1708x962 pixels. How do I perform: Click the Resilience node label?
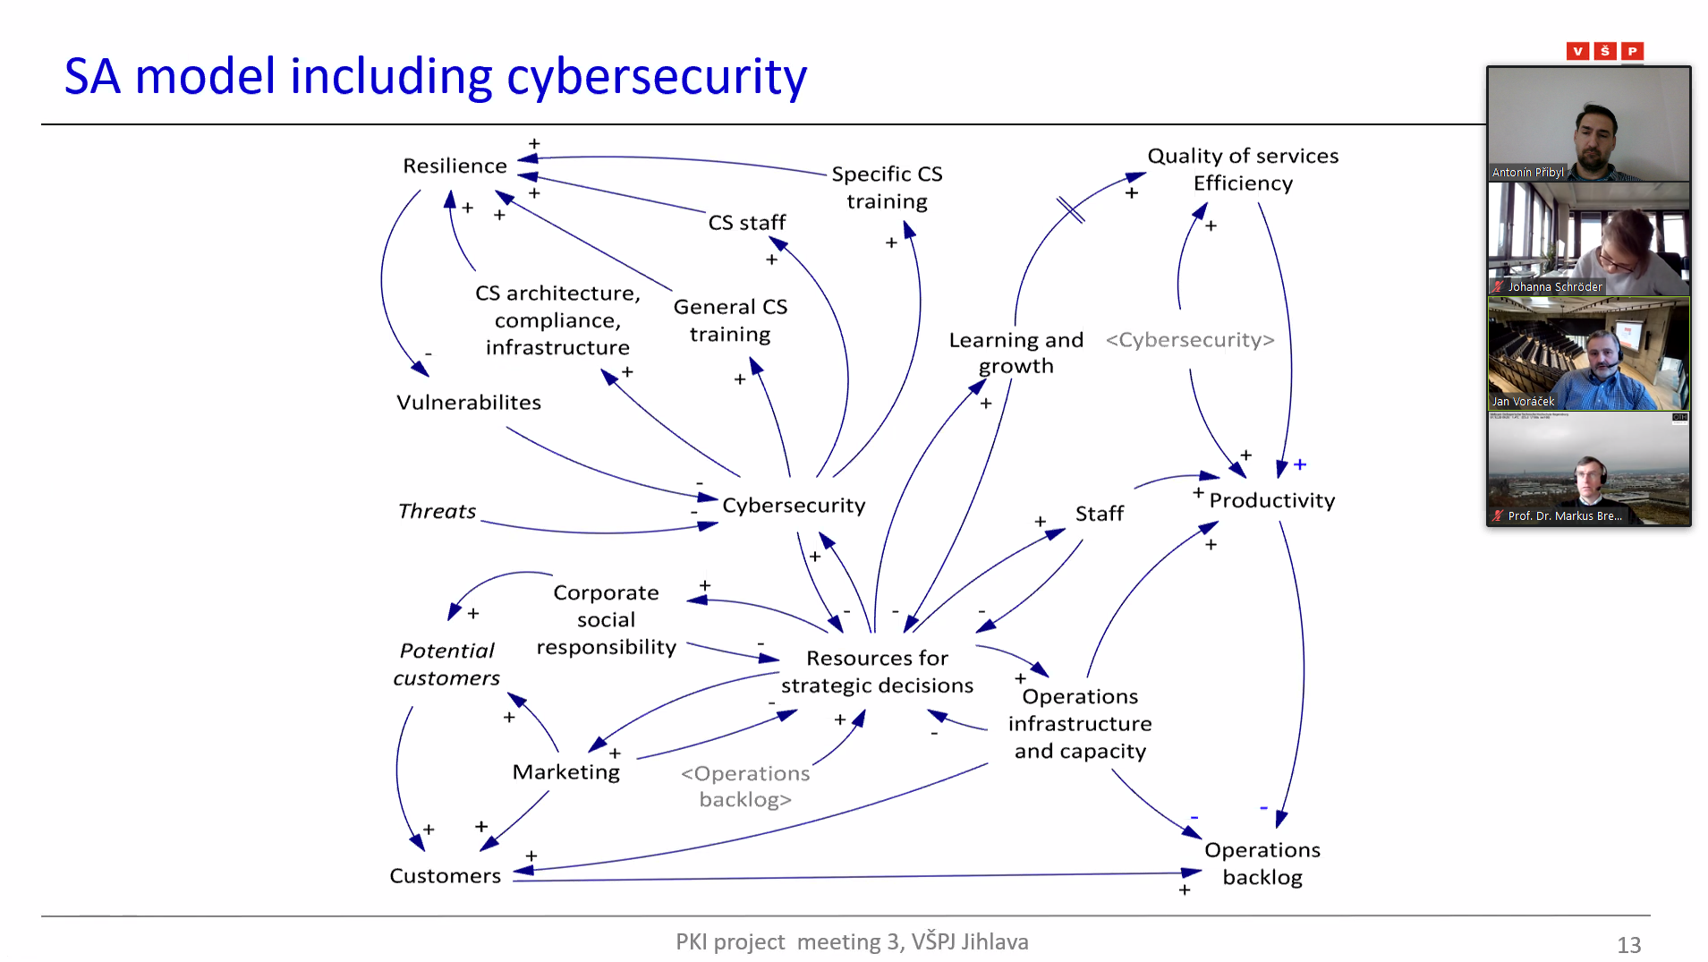455,166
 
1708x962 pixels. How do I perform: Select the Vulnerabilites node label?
469,403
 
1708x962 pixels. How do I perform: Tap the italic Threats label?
437,511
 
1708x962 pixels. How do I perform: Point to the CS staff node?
746,222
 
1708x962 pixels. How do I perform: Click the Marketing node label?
565,771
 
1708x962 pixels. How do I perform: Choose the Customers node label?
445,875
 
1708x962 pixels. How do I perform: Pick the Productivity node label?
1271,500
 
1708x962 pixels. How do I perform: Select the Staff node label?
1099,514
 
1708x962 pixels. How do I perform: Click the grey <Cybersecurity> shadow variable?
1189,340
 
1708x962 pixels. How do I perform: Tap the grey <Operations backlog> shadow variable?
745,786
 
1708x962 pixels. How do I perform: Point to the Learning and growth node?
1015,353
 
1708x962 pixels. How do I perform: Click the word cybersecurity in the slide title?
657,77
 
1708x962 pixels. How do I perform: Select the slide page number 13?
1628,945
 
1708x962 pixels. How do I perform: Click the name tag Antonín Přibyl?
1527,173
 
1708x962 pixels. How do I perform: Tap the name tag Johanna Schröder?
1554,287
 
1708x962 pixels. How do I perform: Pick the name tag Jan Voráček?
1523,402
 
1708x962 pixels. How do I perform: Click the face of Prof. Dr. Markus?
1589,472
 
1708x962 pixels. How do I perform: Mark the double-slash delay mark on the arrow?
1070,209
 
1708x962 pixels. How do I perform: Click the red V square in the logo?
1577,51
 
